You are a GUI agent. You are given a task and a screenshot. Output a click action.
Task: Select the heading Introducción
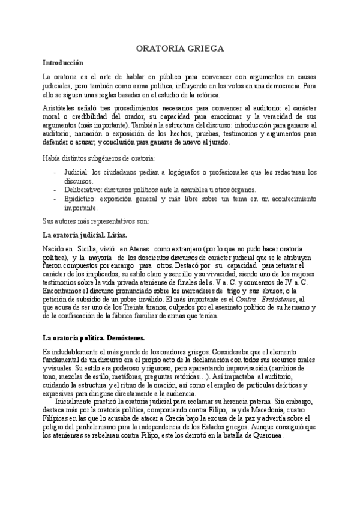63,62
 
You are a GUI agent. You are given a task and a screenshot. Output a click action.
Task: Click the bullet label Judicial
77,172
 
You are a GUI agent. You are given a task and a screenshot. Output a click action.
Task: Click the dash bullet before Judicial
55,172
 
